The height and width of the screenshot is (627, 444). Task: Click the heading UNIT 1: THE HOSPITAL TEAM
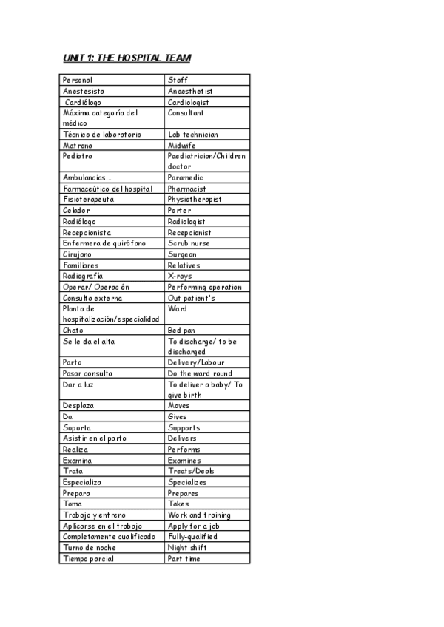(x=127, y=58)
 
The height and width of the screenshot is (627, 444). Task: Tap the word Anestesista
(x=84, y=91)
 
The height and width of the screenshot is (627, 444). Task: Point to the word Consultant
(x=186, y=113)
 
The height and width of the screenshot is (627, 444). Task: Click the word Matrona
(x=78, y=146)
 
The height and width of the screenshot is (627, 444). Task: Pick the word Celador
(x=76, y=210)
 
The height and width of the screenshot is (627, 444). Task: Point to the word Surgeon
(x=182, y=254)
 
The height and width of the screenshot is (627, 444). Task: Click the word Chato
(x=73, y=330)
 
